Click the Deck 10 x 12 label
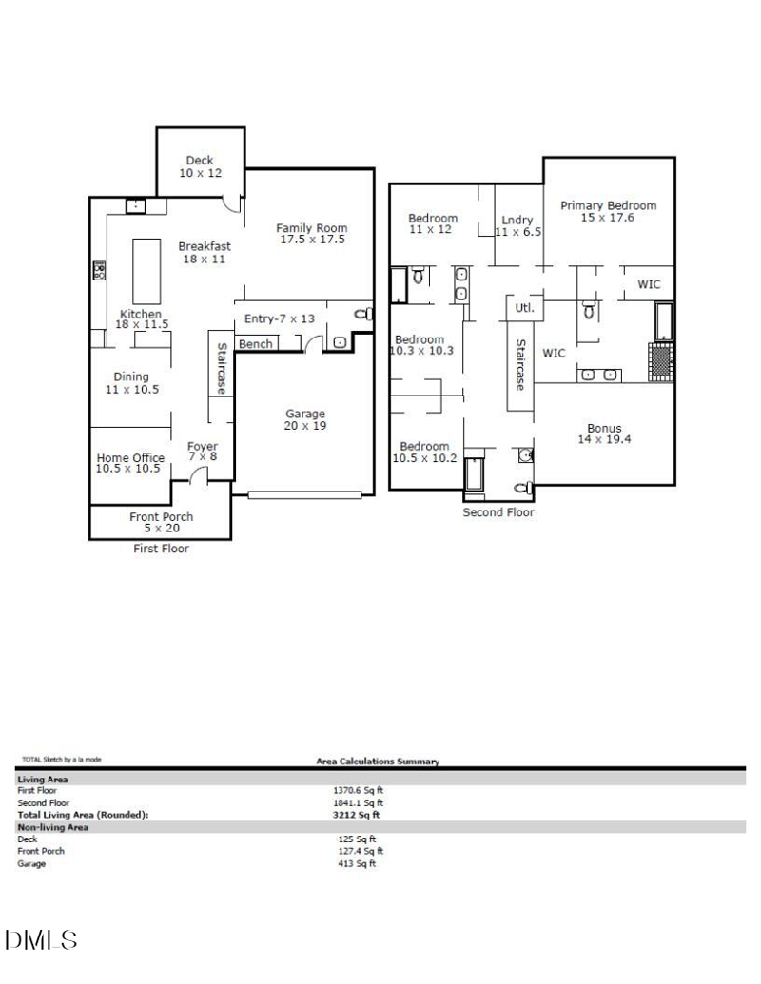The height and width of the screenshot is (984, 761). (200, 167)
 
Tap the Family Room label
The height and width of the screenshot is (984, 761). (312, 234)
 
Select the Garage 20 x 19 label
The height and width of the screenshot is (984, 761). (305, 420)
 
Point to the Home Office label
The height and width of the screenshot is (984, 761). (130, 463)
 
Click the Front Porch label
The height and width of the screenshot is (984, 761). (162, 523)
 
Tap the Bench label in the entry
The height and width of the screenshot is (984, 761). (256, 344)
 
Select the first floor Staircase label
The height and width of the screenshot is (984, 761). (221, 369)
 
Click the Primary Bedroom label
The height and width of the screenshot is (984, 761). (608, 211)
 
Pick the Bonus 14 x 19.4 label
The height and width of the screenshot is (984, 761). (604, 434)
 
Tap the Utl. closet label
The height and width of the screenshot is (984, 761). (524, 309)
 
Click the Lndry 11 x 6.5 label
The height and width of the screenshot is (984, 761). (517, 226)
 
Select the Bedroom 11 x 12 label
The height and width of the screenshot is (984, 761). (433, 223)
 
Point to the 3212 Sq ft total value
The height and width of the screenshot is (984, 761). (356, 815)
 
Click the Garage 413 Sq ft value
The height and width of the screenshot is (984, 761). (357, 864)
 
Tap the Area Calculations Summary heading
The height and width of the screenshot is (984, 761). (378, 762)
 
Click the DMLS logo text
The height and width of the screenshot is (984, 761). (40, 940)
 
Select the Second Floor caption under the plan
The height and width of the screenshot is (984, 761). (498, 512)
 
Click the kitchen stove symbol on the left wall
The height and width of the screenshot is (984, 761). (97, 272)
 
